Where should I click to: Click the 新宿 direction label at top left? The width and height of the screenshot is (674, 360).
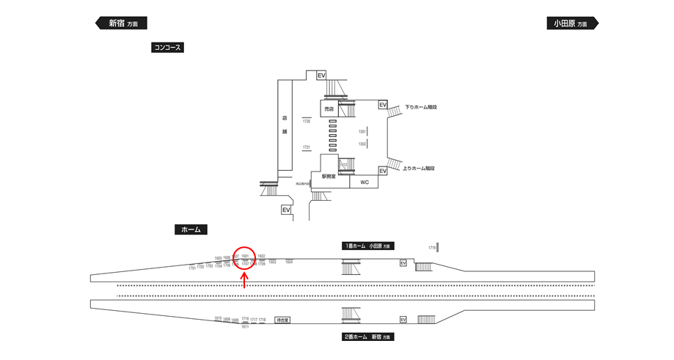(x=122, y=23)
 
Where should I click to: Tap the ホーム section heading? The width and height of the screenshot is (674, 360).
(x=191, y=229)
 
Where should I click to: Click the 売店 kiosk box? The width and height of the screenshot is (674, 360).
(x=329, y=109)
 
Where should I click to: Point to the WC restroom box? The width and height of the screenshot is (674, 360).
(x=365, y=182)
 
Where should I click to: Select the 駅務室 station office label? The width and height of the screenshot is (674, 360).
(x=329, y=177)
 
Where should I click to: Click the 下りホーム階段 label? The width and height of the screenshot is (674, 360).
(x=420, y=107)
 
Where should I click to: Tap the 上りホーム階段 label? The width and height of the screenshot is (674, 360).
(x=420, y=168)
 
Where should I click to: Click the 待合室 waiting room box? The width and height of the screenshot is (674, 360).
(x=282, y=320)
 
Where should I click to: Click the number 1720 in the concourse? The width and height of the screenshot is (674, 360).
(x=307, y=122)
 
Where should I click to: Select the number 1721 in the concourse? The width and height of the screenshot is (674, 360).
(x=307, y=147)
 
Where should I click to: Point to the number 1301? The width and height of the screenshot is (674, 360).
(x=362, y=131)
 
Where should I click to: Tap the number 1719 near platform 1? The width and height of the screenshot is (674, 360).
(x=433, y=248)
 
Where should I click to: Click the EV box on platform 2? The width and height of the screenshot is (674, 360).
(x=403, y=320)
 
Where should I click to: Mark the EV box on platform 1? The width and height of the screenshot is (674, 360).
(x=403, y=263)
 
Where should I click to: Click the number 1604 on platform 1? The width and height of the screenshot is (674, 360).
(x=289, y=262)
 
